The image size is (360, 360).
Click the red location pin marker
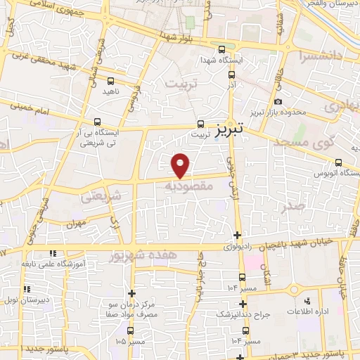[181, 165]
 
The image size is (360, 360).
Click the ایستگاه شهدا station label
[221, 61]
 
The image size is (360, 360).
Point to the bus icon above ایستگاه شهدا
[222, 50]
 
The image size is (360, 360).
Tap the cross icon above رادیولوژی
[238, 235]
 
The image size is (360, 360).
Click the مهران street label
[75, 224]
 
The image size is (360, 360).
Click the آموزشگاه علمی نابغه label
[79, 263]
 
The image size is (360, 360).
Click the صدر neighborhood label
[296, 206]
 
